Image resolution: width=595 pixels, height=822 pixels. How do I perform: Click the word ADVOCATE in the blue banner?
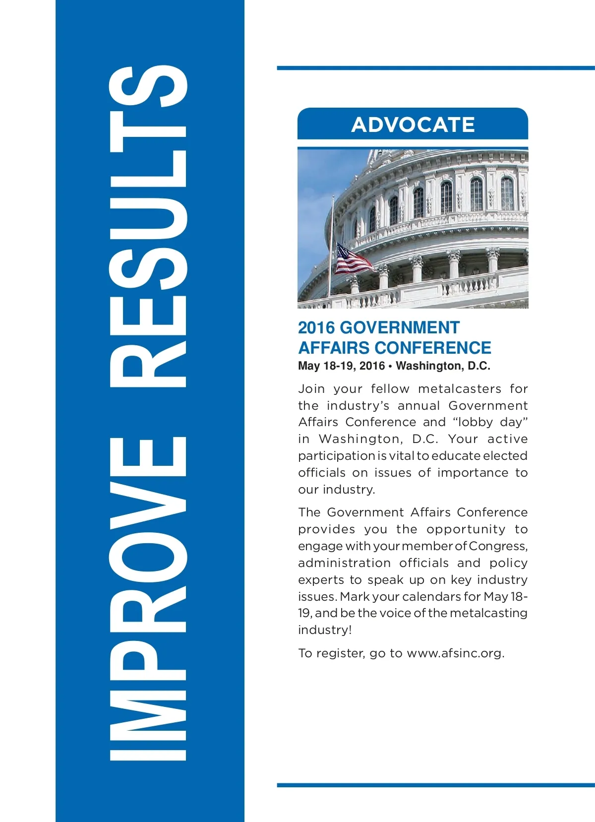click(x=413, y=125)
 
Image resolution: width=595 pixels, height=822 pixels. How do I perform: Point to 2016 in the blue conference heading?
click(x=316, y=328)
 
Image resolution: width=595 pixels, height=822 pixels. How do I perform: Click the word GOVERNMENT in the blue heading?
click(x=400, y=328)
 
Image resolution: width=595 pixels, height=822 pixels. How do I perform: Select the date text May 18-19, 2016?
click(x=341, y=366)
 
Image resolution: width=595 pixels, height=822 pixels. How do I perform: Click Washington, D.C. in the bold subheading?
click(x=443, y=366)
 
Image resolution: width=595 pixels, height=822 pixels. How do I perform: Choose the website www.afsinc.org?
click(x=455, y=653)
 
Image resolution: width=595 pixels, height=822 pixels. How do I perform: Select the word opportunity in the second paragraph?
click(x=466, y=529)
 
